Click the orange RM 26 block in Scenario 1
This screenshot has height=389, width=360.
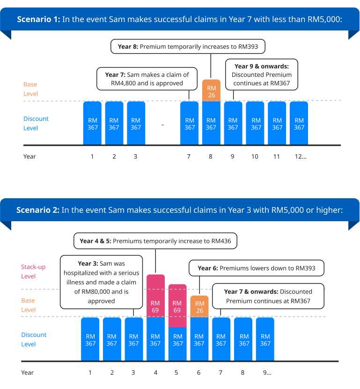click(211, 90)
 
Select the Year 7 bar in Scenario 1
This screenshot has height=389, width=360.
click(190, 123)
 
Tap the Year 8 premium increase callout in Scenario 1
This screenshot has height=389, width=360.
click(188, 47)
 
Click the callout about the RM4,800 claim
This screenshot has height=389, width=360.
click(147, 79)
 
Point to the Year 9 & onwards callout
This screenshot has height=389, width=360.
click(261, 75)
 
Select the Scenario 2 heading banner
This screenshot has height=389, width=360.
click(180, 210)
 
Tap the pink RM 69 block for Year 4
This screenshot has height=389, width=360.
click(155, 296)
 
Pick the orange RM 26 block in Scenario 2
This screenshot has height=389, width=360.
click(199, 307)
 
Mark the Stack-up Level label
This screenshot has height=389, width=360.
click(33, 271)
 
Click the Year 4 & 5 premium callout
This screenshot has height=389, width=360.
click(155, 241)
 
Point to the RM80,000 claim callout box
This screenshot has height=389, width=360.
click(102, 282)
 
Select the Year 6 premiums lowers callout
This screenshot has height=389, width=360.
click(256, 269)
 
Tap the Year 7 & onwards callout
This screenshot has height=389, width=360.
click(268, 296)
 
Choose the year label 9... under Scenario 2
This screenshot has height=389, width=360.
click(267, 373)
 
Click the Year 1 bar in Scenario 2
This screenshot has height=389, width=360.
click(90, 339)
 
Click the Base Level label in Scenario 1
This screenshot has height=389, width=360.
click(30, 89)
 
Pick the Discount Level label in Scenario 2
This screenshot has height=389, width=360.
click(34, 339)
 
